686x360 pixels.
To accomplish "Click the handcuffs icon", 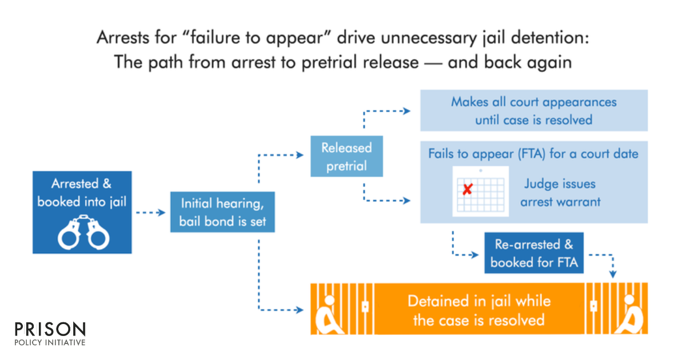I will [83, 231].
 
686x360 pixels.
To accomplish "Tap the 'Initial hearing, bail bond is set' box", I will [222, 212].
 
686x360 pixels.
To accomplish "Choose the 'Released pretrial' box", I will [346, 157].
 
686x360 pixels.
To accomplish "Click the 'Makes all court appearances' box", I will [534, 110].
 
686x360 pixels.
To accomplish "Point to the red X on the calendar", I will [467, 189].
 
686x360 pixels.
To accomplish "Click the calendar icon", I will [480, 191].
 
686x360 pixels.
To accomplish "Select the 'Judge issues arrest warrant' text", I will [560, 193].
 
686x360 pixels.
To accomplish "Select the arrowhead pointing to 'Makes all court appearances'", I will [406, 111].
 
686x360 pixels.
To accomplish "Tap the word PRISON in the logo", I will [50, 330].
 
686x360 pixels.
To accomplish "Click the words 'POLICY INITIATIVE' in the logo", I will [50, 342].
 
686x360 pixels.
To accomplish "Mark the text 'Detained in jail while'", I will [478, 301].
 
